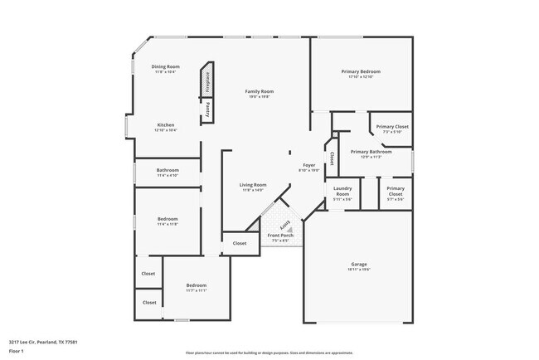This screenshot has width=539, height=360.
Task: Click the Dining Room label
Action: tap(165, 66)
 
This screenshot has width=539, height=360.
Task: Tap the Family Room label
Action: tap(260, 91)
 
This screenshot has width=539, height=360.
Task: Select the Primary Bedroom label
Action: tap(362, 71)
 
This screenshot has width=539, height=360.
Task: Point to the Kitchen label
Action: tap(165, 125)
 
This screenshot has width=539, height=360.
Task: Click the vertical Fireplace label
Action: tap(208, 82)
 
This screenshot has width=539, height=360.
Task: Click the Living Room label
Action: tap(253, 185)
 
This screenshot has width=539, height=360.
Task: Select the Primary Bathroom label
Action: tap(371, 152)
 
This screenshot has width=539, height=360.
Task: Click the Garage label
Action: tap(358, 265)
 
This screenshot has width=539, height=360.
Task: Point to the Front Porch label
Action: tap(280, 236)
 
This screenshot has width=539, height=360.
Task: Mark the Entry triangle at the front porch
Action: tap(284, 225)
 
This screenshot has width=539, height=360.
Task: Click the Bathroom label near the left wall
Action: tap(168, 170)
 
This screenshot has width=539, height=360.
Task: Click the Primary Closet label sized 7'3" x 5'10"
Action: tap(391, 127)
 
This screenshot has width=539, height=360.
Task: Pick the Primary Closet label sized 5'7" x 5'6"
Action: tap(396, 192)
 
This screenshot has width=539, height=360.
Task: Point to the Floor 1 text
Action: tap(16, 351)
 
